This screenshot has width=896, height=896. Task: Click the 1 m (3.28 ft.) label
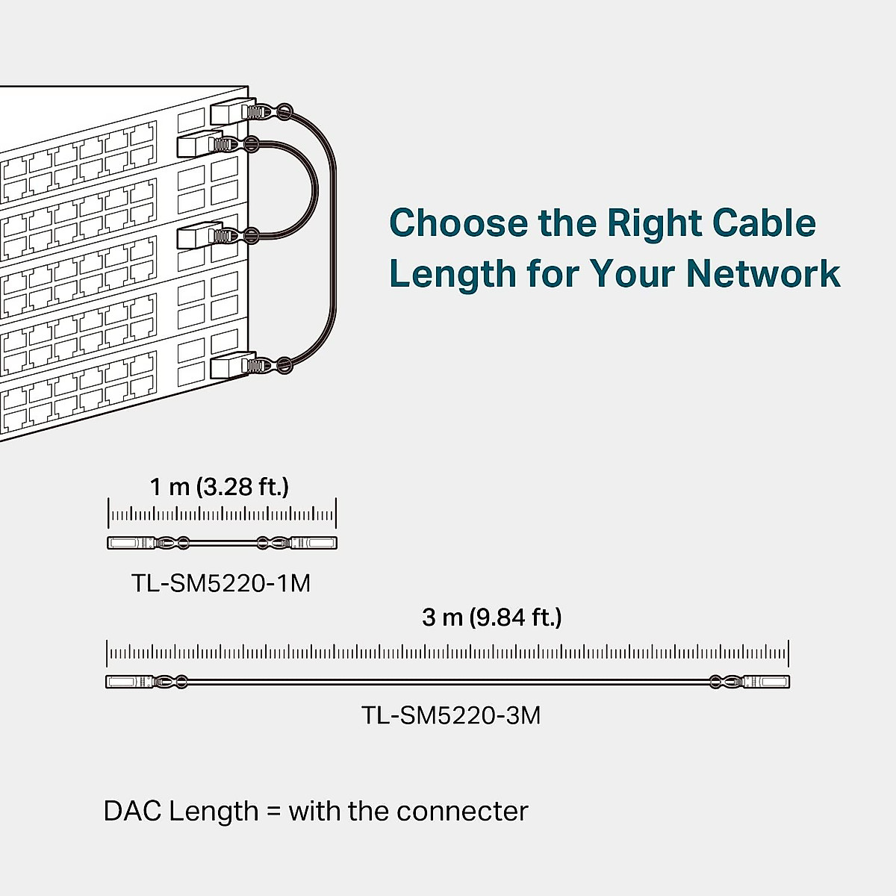coord(220,487)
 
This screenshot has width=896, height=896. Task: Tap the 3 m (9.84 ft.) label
coord(492,617)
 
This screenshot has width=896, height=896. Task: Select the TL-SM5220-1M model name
coord(221,582)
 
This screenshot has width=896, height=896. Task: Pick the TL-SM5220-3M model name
coord(451,715)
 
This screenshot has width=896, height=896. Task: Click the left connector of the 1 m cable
coord(131,543)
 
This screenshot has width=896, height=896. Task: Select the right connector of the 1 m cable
coord(314,543)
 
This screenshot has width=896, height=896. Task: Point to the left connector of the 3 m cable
coord(129,681)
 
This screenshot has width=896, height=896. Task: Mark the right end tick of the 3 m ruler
coord(788,653)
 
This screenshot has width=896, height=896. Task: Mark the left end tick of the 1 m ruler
coord(109,514)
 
